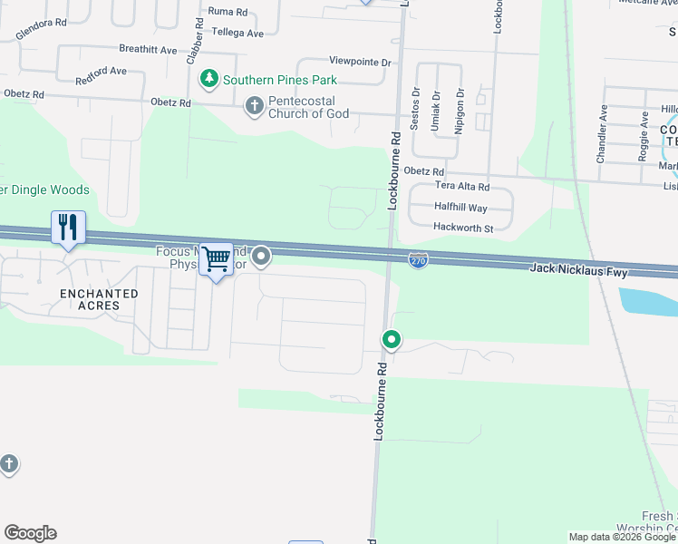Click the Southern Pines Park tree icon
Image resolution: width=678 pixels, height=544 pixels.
[x=210, y=80]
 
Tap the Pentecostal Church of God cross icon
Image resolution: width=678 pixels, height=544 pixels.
[x=254, y=106]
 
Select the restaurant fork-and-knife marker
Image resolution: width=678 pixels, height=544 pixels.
[x=68, y=227]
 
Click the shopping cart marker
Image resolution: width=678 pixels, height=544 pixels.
[x=216, y=259]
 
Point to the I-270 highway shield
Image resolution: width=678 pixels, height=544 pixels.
[x=418, y=260]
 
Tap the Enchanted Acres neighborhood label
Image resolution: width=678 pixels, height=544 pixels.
[x=99, y=299]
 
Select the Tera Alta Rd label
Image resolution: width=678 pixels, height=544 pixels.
[x=461, y=187]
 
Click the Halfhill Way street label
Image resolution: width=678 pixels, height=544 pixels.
[x=460, y=208]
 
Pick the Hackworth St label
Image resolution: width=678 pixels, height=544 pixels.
[x=462, y=228]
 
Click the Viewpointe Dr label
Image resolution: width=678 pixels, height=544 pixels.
[x=359, y=62]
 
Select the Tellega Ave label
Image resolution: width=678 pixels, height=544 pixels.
[x=237, y=33]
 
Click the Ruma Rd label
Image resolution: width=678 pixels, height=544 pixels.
[x=228, y=12]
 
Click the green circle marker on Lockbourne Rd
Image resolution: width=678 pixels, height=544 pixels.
[x=392, y=340]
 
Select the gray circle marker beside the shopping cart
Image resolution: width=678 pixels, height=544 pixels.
[x=262, y=257]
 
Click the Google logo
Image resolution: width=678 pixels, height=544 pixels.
[x=30, y=533]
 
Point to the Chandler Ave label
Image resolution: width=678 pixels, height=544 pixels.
[x=602, y=134]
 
